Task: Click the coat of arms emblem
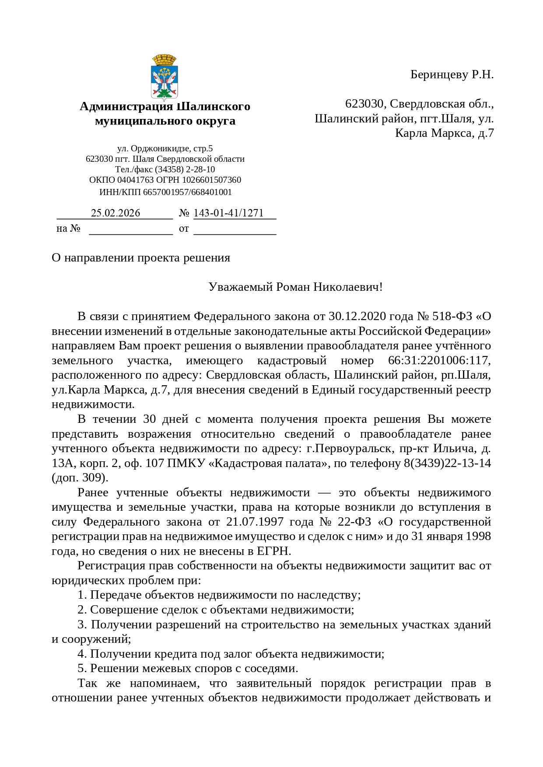[164, 77]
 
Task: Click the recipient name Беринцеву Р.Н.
[452, 75]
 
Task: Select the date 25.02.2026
[116, 213]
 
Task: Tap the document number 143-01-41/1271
[228, 213]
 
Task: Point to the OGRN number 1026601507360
[212, 180]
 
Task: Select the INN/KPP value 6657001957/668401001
[187, 192]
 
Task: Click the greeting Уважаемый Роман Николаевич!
[295, 287]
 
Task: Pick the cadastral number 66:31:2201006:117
[439, 360]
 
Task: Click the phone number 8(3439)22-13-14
[447, 463]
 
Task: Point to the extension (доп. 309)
[80, 478]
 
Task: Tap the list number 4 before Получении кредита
[81, 654]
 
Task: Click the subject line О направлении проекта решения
[141, 258]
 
